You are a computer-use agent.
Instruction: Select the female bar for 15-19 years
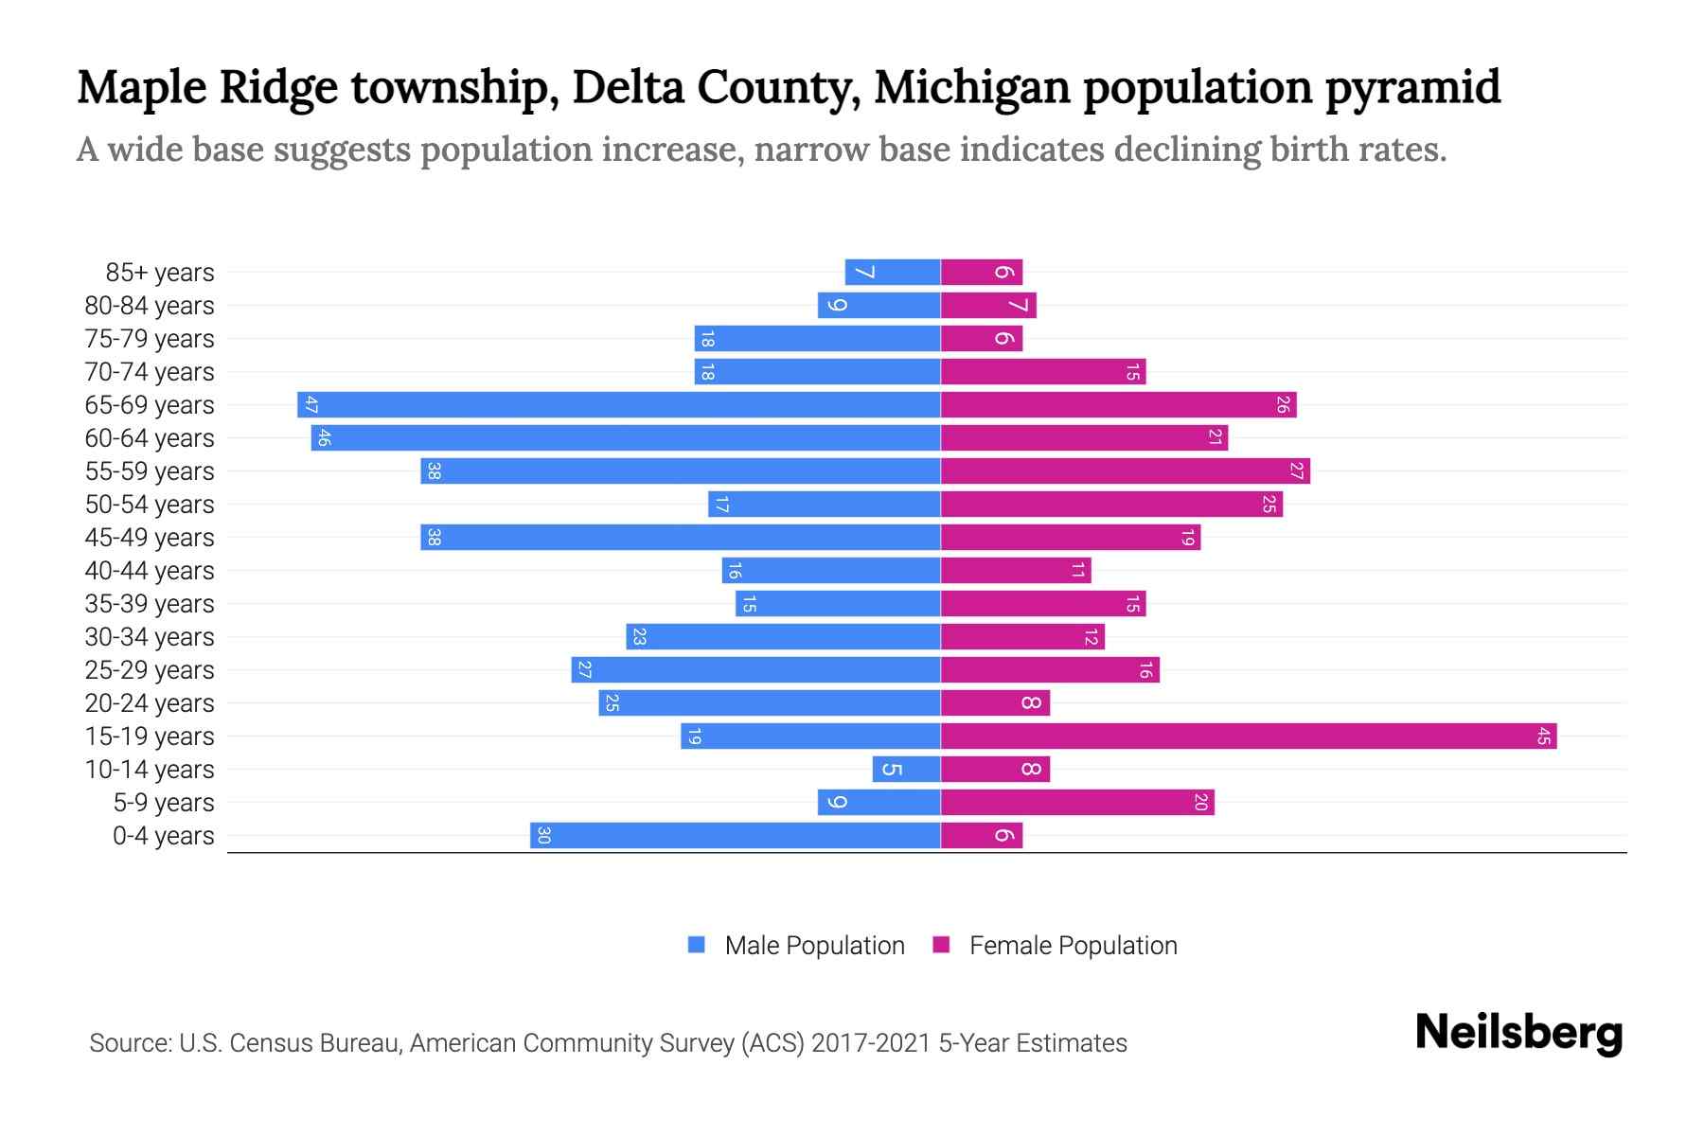tap(1249, 737)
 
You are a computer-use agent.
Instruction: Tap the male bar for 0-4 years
tap(735, 836)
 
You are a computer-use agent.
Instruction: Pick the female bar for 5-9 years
tap(1077, 803)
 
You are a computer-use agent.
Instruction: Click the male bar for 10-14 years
tap(906, 770)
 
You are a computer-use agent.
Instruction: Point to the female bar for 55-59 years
tap(1125, 471)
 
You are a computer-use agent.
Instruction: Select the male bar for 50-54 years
tap(824, 505)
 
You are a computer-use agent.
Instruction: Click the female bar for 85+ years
tap(982, 273)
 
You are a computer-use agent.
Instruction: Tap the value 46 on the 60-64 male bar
tap(324, 438)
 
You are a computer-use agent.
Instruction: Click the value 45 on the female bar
tap(1544, 737)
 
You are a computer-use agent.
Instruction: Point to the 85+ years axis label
tap(160, 273)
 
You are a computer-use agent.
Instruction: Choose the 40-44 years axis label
tap(150, 571)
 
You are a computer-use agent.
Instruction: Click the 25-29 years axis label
tap(150, 670)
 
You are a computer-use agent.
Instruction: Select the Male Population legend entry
tap(814, 946)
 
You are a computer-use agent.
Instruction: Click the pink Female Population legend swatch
tap(941, 945)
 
